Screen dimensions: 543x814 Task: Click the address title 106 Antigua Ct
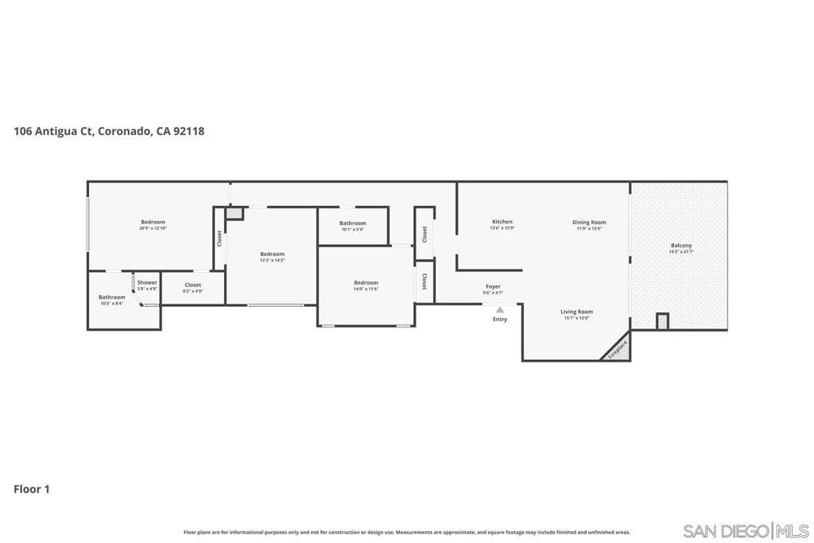pyautogui.click(x=109, y=131)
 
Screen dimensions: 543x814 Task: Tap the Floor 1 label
pyautogui.click(x=32, y=489)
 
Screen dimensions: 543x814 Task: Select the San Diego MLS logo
pyautogui.click(x=746, y=530)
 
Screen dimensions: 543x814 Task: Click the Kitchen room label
pyautogui.click(x=502, y=222)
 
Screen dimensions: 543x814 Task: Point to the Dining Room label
pyautogui.click(x=589, y=223)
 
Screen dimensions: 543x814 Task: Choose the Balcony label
pyautogui.click(x=681, y=246)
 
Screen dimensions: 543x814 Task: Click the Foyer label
pyautogui.click(x=493, y=286)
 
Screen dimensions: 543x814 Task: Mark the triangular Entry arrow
pyautogui.click(x=499, y=310)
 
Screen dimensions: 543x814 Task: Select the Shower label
pyautogui.click(x=147, y=282)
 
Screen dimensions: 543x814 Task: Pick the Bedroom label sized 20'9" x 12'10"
pyautogui.click(x=153, y=222)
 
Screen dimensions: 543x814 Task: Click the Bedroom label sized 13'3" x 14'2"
pyautogui.click(x=272, y=254)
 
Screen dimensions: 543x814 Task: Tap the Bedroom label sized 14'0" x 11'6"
pyautogui.click(x=366, y=283)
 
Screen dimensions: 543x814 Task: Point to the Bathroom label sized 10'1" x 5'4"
pyautogui.click(x=352, y=223)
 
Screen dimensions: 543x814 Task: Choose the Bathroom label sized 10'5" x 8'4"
pyautogui.click(x=112, y=297)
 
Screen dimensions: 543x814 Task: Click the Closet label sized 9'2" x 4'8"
pyautogui.click(x=192, y=285)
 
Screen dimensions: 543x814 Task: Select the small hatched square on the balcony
pyautogui.click(x=662, y=321)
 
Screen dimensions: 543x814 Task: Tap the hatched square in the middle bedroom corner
pyautogui.click(x=234, y=213)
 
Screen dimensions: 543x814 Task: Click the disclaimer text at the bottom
pyautogui.click(x=406, y=532)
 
